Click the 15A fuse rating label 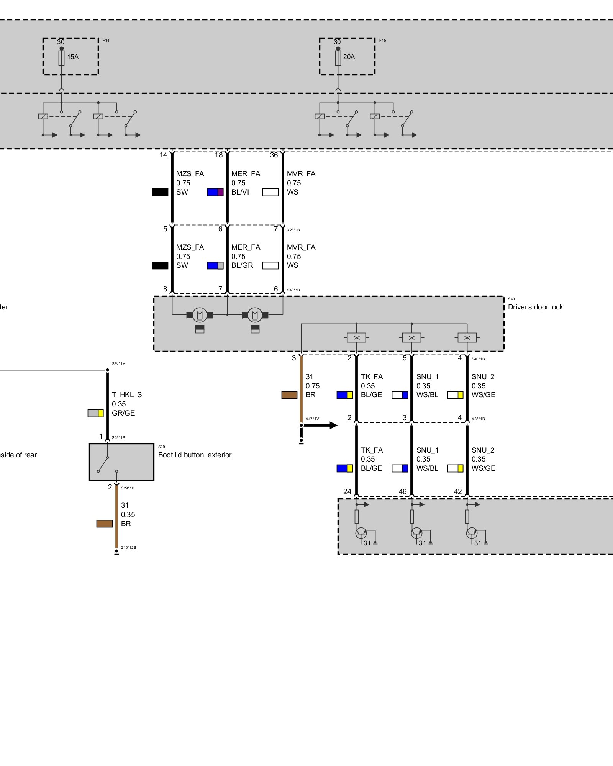point(73,57)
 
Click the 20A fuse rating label point(349,57)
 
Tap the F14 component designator point(106,40)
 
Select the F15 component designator point(382,40)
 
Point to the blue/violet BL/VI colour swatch point(215,192)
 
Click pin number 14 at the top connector point(163,155)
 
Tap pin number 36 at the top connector point(274,155)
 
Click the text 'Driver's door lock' point(535,307)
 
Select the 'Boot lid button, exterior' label point(195,455)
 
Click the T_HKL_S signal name point(127,395)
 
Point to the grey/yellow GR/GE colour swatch point(95,413)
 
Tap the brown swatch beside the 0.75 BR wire point(289,395)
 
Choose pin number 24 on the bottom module point(347,491)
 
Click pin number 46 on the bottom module point(402,491)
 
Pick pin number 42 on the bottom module point(458,491)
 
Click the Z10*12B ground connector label point(128,548)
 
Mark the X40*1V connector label point(118,363)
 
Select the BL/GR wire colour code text point(242,265)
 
